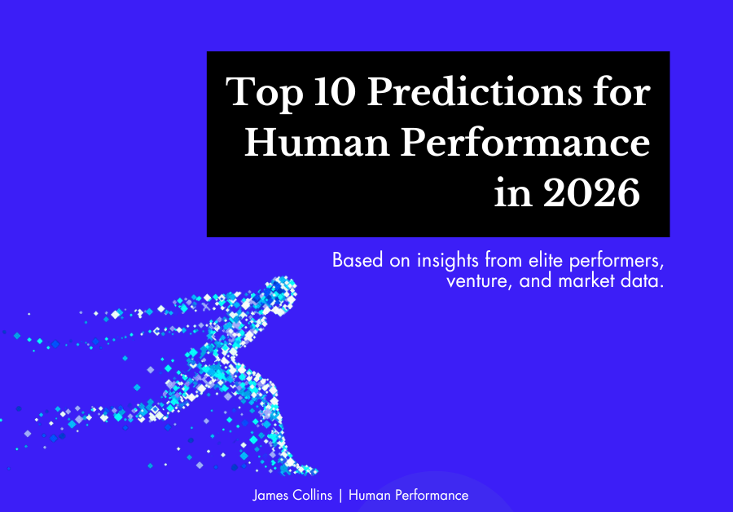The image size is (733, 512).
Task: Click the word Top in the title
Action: pyautogui.click(x=265, y=94)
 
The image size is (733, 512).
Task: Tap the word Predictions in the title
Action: pyautogui.click(x=475, y=91)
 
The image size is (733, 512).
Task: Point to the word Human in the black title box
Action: pyautogui.click(x=317, y=143)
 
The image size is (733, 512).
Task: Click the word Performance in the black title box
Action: pyautogui.click(x=525, y=143)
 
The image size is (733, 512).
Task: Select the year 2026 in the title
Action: pyautogui.click(x=591, y=193)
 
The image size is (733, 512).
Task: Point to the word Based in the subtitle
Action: pyautogui.click(x=358, y=260)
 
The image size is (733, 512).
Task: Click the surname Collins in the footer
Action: pyautogui.click(x=312, y=495)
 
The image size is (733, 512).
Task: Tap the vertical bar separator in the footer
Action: pyautogui.click(x=340, y=496)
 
